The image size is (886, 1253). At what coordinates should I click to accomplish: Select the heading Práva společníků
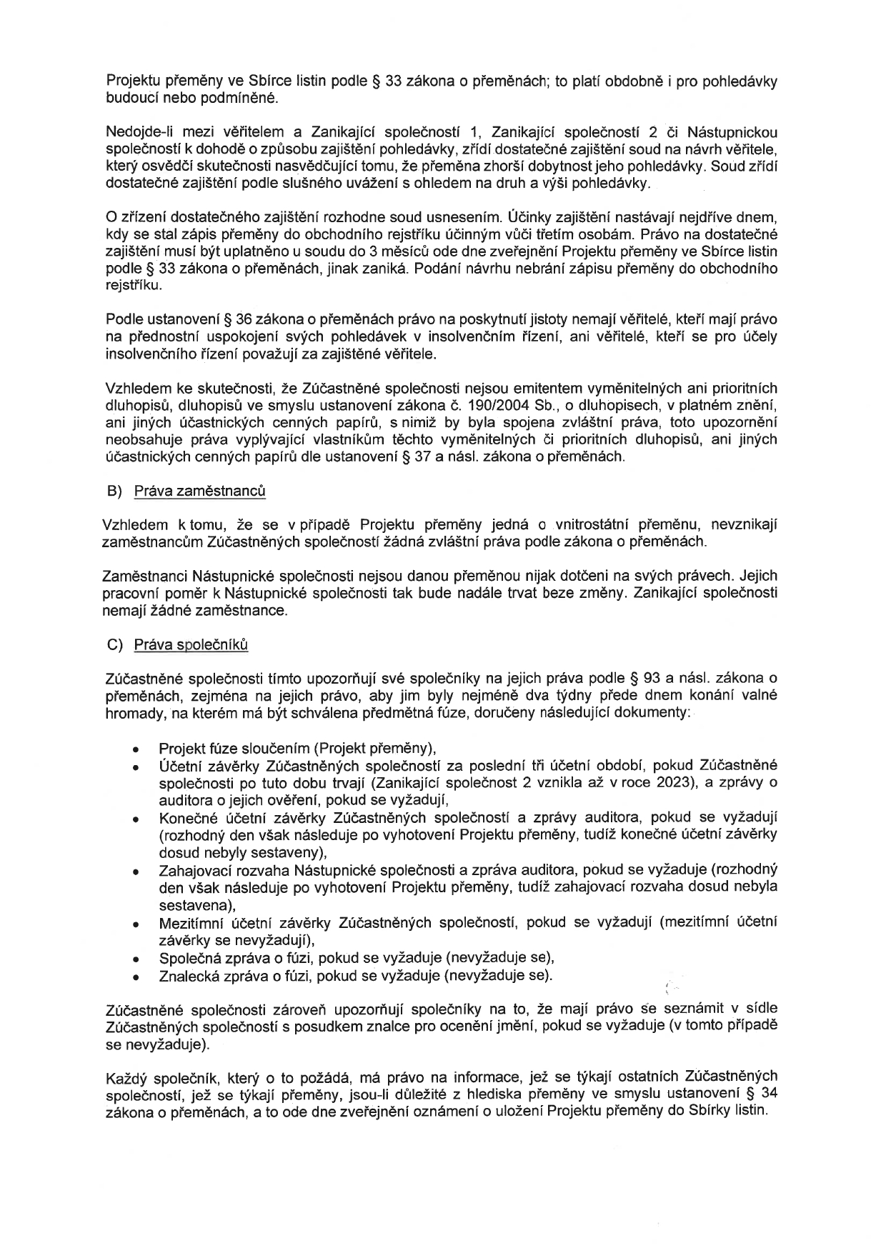(191, 644)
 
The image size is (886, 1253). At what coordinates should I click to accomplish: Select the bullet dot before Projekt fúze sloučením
(135, 750)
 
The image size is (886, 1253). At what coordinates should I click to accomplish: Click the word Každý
(126, 1077)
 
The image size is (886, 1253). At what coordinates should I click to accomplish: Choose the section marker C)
(115, 644)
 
